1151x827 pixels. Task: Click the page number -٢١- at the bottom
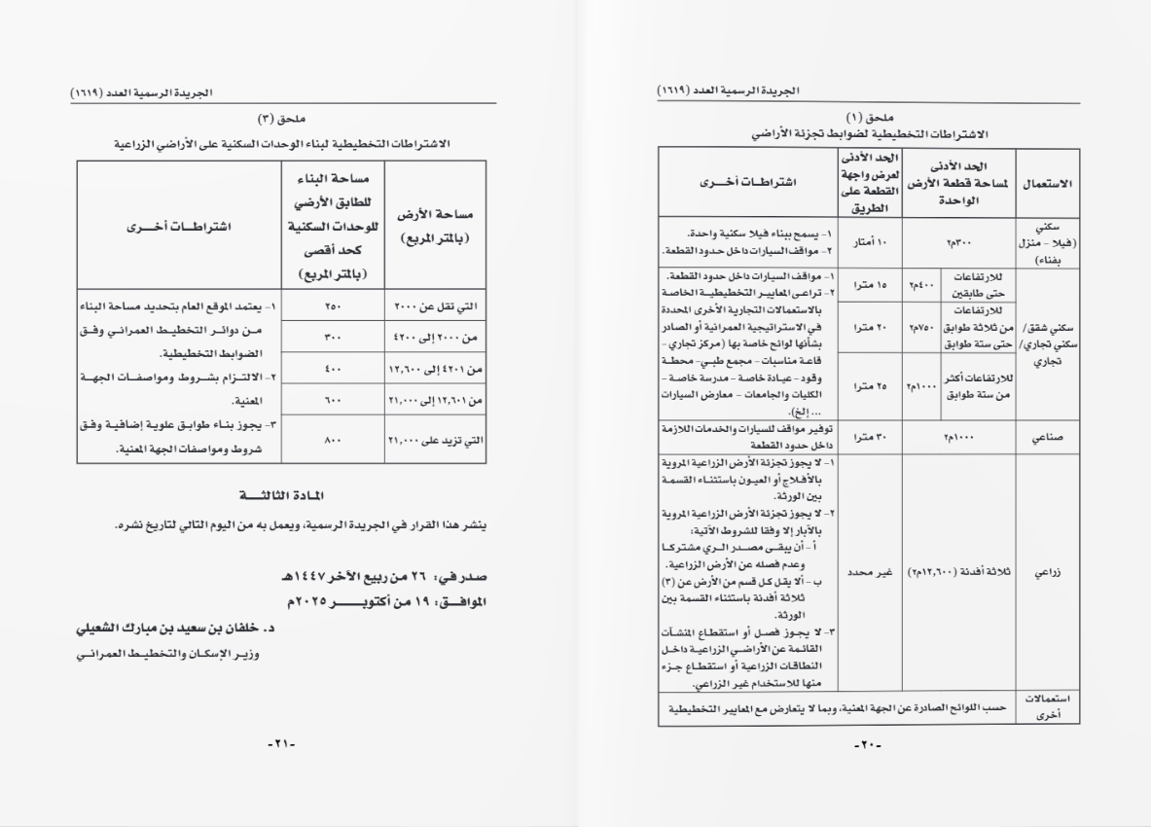[x=279, y=744]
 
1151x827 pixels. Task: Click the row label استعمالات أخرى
[x=1047, y=708]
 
